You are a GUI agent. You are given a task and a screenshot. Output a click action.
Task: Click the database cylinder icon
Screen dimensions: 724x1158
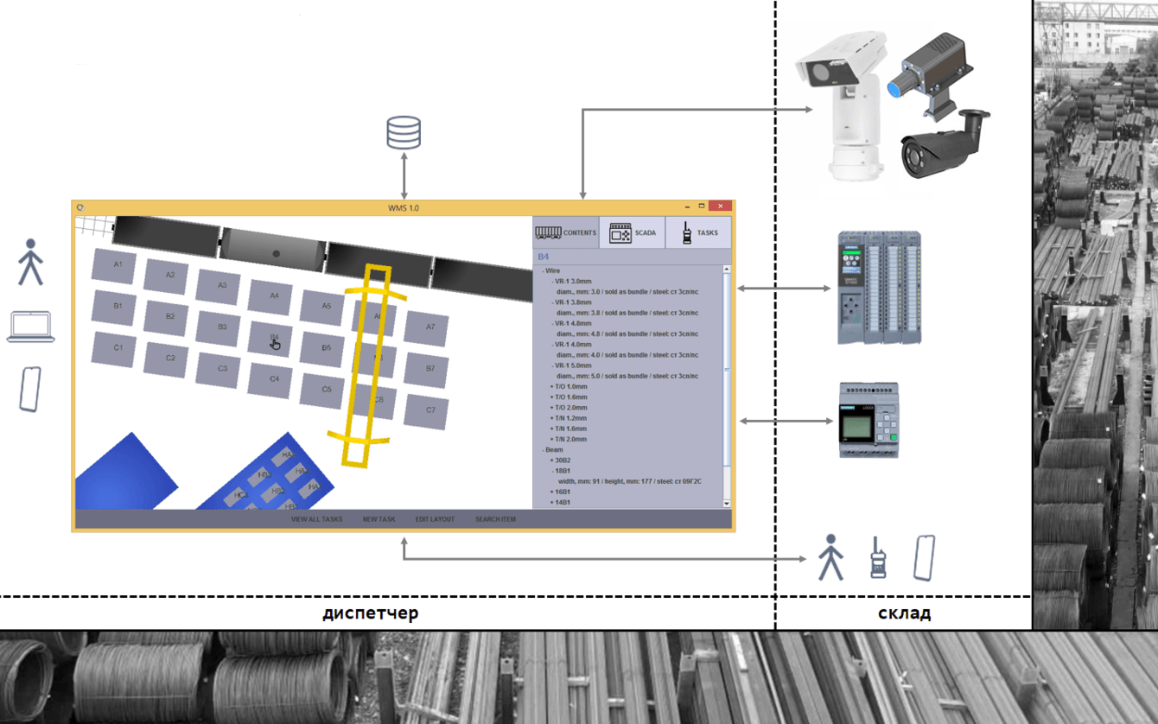click(404, 133)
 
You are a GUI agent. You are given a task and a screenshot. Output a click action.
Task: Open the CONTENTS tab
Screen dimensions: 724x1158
click(566, 232)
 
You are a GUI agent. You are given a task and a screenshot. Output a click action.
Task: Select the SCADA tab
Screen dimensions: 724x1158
click(633, 232)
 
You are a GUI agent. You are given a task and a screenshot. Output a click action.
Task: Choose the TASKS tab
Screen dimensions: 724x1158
click(697, 232)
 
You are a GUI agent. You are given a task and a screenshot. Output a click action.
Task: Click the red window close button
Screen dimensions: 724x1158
click(720, 206)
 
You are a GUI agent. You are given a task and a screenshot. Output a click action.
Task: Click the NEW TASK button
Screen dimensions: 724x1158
click(379, 519)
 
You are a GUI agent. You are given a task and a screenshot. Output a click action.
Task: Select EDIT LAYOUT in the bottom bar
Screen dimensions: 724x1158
click(435, 519)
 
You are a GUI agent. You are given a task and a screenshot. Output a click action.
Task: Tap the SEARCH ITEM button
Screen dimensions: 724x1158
click(495, 519)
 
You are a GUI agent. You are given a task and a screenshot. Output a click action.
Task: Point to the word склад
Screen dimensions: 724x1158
click(904, 613)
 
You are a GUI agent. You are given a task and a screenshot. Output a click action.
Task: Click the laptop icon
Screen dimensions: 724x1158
click(31, 327)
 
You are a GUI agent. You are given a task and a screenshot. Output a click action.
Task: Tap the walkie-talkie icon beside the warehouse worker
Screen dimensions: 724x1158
click(878, 557)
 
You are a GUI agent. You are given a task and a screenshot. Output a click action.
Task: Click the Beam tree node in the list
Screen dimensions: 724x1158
click(554, 450)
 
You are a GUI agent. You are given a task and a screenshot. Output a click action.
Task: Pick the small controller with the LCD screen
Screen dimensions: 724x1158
click(868, 420)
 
